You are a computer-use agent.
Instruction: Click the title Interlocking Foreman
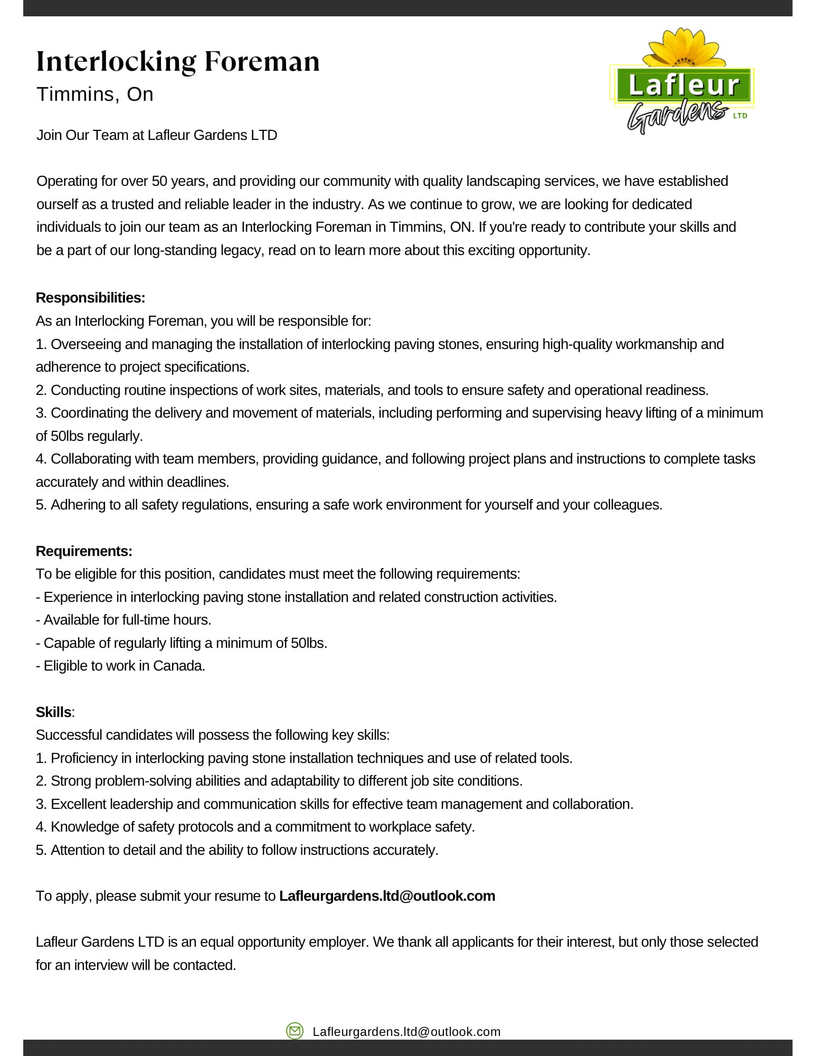[x=178, y=61]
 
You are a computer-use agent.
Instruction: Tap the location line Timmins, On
[x=95, y=95]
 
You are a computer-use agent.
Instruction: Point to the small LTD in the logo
[x=740, y=116]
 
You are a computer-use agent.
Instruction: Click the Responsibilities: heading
[x=90, y=298]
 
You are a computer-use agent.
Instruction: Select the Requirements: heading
[x=84, y=551]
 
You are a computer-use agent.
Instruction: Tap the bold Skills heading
[x=53, y=712]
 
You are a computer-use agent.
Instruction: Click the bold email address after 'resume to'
[x=387, y=896]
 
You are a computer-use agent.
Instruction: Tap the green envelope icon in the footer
[x=295, y=1031]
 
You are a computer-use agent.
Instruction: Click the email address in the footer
[x=406, y=1032]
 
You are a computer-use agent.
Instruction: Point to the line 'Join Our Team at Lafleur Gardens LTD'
[x=157, y=135]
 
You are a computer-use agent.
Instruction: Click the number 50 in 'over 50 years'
[x=159, y=181]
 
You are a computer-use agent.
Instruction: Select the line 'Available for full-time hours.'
[x=124, y=620]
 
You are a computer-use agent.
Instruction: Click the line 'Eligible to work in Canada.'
[x=120, y=666]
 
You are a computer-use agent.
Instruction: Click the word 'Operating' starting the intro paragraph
[x=67, y=181]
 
